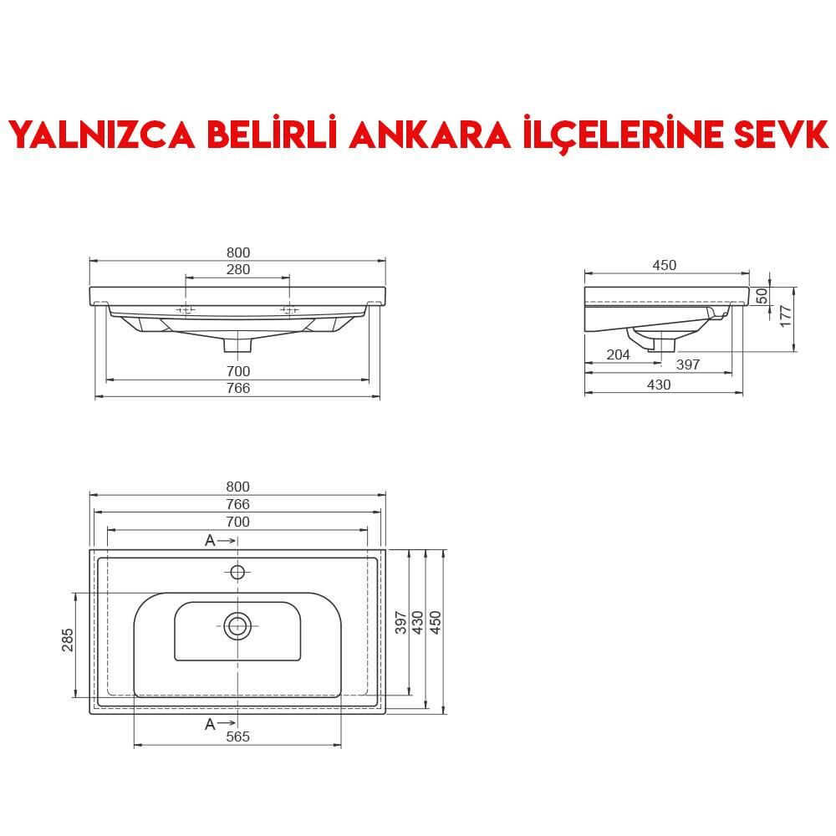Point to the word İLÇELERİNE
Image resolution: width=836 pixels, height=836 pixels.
611,134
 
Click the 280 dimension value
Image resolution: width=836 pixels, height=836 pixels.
237,270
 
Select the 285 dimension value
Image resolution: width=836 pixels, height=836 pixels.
68,640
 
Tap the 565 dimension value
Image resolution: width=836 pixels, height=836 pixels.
237,737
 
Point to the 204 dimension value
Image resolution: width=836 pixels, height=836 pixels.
618,355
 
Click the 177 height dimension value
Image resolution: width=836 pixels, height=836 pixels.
785,316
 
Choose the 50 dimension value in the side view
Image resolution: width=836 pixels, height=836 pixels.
762,296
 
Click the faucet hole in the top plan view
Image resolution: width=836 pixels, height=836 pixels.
237,572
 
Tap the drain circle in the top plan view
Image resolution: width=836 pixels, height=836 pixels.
237,625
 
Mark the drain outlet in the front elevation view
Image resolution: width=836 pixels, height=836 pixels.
238,343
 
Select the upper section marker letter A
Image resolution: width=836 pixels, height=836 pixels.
210,541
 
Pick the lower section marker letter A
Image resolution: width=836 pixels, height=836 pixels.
210,724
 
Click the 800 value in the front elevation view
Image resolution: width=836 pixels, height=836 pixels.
237,252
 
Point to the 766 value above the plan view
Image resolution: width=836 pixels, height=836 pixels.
237,504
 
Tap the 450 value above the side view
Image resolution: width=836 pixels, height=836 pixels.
664,265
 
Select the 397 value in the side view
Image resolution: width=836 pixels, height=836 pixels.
687,365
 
